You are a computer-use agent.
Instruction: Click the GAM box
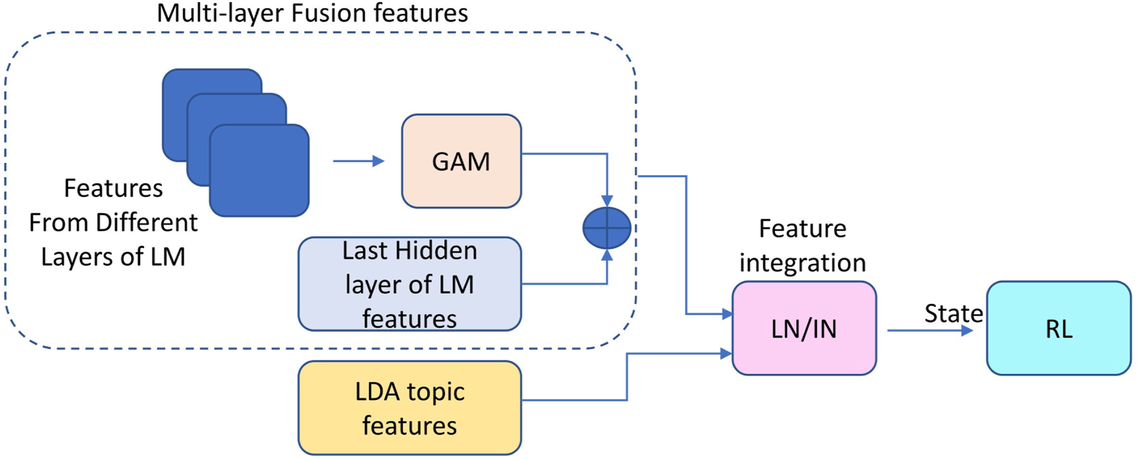tap(461, 161)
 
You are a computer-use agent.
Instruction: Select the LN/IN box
tap(804, 328)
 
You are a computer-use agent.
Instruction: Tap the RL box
tap(1058, 328)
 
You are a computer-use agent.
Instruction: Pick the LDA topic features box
tap(409, 408)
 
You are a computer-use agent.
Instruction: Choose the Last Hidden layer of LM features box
tap(409, 284)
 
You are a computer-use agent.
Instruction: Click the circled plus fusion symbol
tap(607, 228)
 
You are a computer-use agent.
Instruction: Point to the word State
tap(953, 313)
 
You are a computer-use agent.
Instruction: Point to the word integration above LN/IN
tap(802, 262)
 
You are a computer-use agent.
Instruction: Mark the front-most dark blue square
tap(259, 171)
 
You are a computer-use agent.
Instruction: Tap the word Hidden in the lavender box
tap(436, 251)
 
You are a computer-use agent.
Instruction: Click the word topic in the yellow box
tap(435, 391)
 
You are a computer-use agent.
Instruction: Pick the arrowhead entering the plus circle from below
tap(607, 255)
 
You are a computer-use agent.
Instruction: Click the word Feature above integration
tap(802, 228)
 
